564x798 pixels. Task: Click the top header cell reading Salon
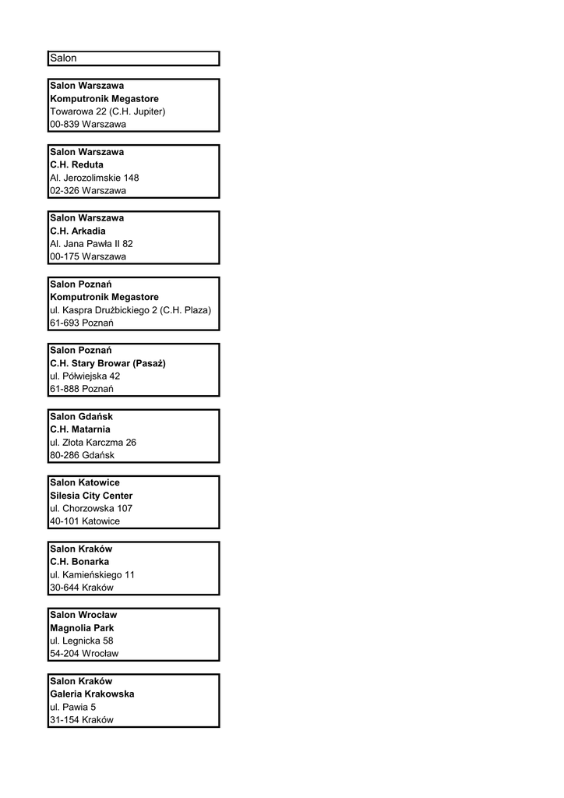tap(64, 58)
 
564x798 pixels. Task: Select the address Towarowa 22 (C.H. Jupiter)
tap(108, 111)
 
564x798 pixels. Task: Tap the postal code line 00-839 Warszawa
tap(87, 124)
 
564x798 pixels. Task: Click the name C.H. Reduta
tap(76, 164)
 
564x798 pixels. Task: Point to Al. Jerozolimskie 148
tap(94, 178)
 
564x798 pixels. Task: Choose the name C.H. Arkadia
tap(78, 231)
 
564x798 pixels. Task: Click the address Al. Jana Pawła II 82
tap(91, 244)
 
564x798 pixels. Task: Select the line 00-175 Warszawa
tap(87, 256)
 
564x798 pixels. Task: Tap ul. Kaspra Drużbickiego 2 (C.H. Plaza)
tap(130, 310)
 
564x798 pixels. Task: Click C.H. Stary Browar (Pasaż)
tap(108, 363)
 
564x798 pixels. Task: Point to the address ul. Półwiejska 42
tap(84, 376)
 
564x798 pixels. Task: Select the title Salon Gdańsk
tap(81, 416)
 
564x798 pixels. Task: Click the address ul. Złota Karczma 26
tap(93, 442)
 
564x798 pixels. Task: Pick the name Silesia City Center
tap(91, 496)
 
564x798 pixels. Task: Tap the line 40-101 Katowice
tap(85, 521)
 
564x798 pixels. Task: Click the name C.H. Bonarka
tap(79, 561)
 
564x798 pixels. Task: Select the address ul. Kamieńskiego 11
tap(92, 574)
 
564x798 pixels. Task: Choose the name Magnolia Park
tap(82, 627)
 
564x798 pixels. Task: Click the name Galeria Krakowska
tap(92, 694)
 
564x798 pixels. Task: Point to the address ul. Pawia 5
tap(73, 707)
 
